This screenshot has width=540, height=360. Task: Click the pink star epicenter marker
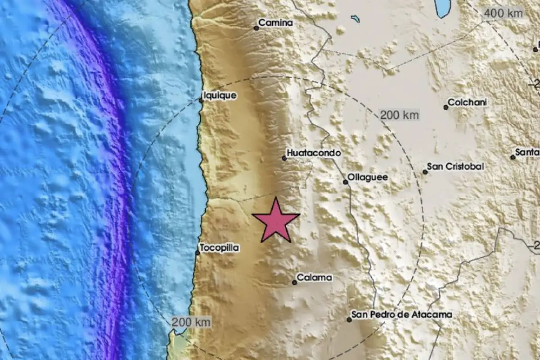(275, 221)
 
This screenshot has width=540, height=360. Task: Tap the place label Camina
(276, 23)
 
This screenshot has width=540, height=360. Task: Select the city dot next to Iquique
(201, 100)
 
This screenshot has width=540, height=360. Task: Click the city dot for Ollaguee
(345, 182)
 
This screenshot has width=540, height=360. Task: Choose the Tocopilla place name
(220, 247)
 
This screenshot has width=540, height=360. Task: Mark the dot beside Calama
(294, 283)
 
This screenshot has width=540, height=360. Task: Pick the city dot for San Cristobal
(425, 172)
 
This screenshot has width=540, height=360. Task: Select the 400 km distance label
(503, 13)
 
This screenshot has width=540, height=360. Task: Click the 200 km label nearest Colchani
(399, 115)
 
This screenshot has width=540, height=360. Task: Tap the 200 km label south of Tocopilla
(191, 322)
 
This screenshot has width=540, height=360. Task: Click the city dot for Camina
(256, 28)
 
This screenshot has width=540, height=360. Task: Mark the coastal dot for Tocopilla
(198, 253)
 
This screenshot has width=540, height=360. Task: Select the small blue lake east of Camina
(355, 19)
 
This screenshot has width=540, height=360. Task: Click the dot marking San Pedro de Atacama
(349, 319)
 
